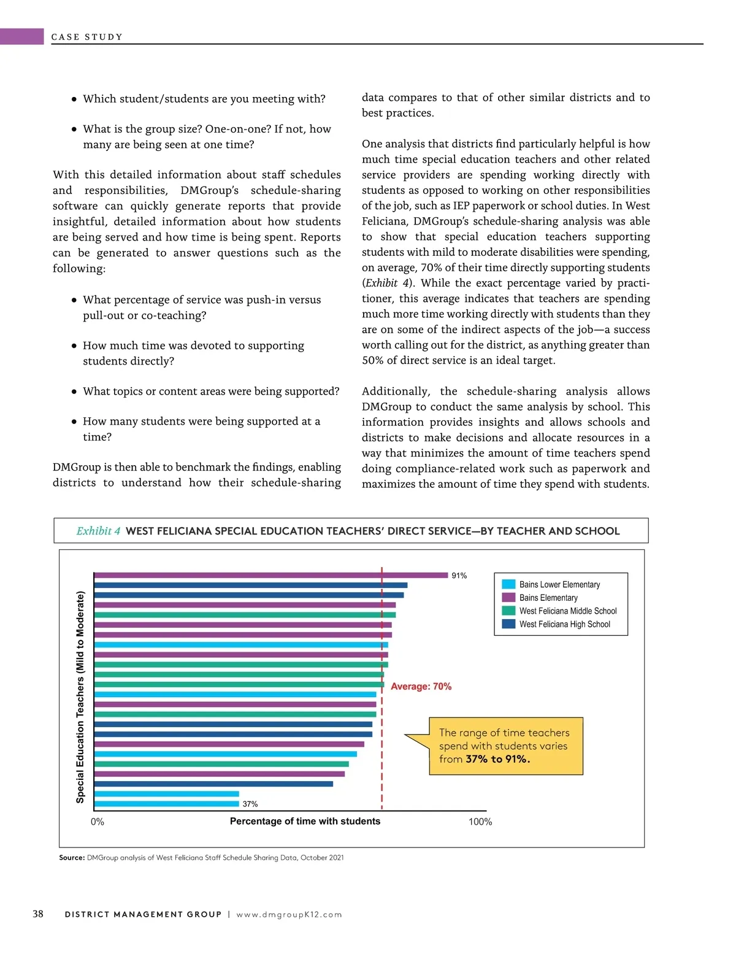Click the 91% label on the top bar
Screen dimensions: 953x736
(x=459, y=576)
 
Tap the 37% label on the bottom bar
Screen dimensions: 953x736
(x=250, y=804)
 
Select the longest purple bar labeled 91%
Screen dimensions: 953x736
(x=270, y=575)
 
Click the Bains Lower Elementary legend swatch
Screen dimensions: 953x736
(x=508, y=584)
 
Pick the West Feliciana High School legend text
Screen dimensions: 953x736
(x=564, y=624)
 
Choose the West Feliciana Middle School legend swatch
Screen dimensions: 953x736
(x=508, y=611)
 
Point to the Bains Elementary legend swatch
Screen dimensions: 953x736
(x=508, y=598)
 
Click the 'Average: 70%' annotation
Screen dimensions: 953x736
(x=421, y=687)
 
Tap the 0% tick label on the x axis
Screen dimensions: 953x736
(x=98, y=822)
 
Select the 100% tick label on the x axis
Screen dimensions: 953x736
(x=480, y=822)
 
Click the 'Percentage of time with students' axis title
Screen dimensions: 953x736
(x=305, y=821)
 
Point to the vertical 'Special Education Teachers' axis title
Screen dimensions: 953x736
(x=80, y=696)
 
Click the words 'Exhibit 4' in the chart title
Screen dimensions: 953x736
(x=98, y=531)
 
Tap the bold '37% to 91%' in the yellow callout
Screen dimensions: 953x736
(x=497, y=759)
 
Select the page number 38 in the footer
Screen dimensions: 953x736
(x=38, y=914)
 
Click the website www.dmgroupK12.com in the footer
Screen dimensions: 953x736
(x=289, y=914)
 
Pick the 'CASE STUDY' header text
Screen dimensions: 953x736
(x=86, y=37)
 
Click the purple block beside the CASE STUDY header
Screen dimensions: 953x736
(x=22, y=36)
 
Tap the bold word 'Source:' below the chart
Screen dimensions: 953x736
(x=72, y=857)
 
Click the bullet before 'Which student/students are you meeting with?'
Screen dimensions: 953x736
(x=74, y=99)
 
